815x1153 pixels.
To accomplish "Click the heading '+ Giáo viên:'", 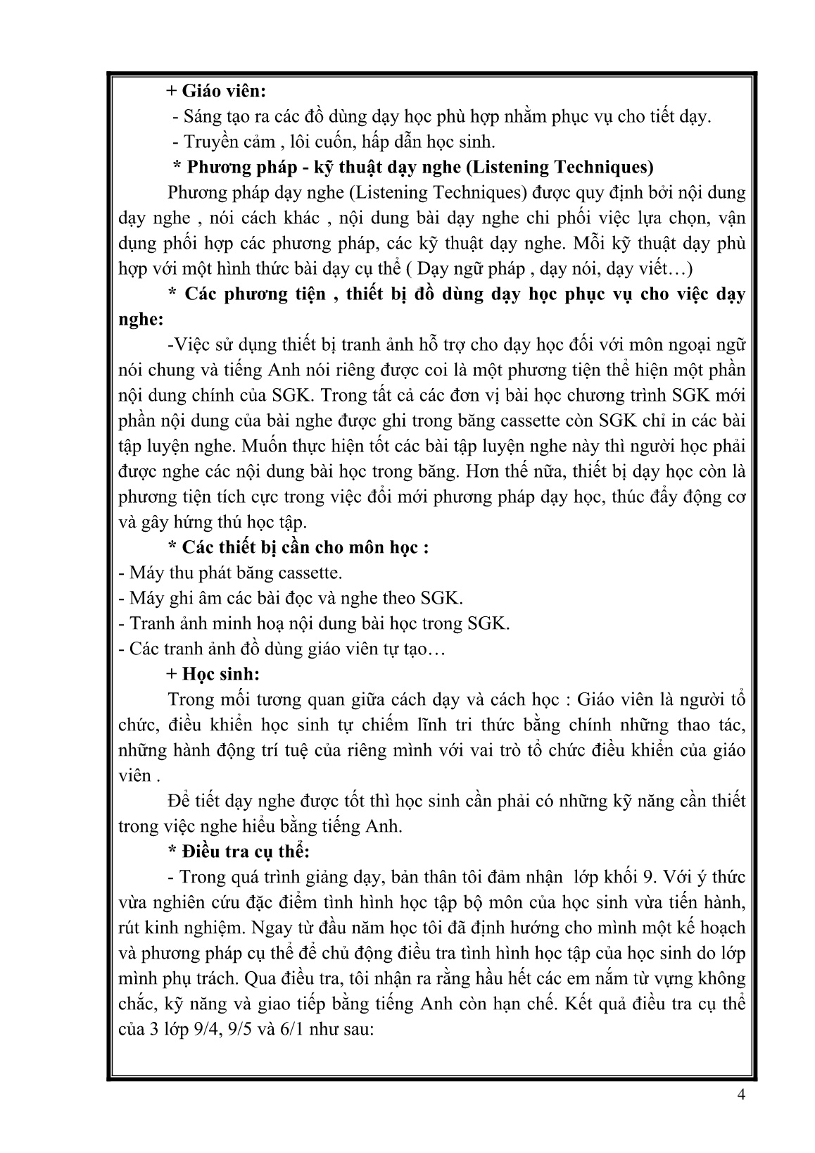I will [x=216, y=92].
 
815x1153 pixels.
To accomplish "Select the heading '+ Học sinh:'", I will [x=213, y=674].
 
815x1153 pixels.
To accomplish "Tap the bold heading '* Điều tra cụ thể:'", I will [x=239, y=852].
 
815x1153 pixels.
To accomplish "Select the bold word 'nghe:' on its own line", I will [x=141, y=320].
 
